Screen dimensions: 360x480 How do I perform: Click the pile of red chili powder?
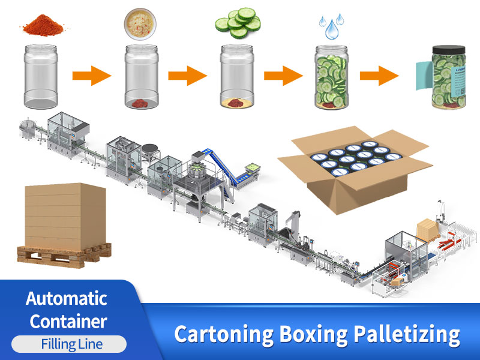tap(46, 25)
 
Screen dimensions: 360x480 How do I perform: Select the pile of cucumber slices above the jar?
tap(238, 23)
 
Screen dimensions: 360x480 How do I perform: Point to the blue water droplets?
tap(331, 26)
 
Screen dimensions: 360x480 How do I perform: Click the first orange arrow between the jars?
tap(92, 76)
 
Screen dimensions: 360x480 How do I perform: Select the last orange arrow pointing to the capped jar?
tap(379, 76)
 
